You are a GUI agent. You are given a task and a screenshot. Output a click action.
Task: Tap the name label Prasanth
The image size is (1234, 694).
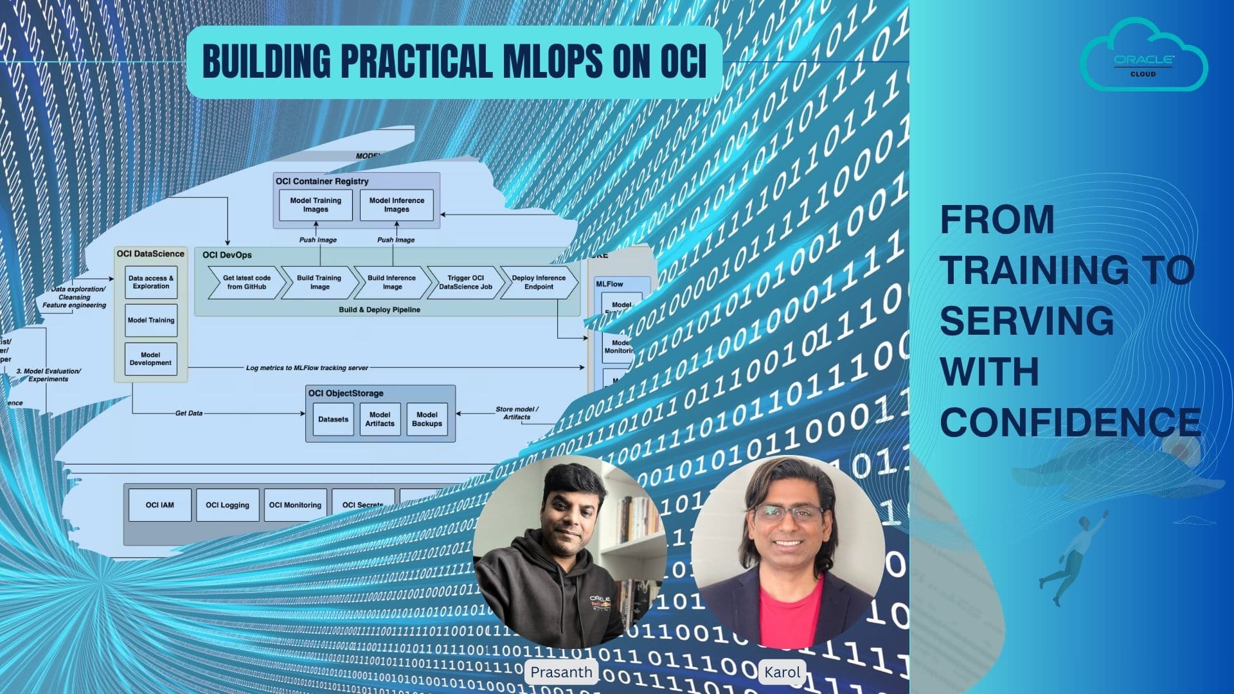click(x=561, y=672)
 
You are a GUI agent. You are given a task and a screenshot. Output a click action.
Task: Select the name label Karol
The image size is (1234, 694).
click(x=782, y=672)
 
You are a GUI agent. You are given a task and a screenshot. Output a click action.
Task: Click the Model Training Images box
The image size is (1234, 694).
click(x=316, y=205)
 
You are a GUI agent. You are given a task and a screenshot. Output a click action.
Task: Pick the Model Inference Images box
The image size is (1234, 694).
click(x=397, y=205)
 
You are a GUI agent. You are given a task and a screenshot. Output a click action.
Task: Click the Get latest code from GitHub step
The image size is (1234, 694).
click(x=246, y=283)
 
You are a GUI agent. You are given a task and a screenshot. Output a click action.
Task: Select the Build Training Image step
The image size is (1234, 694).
click(x=319, y=283)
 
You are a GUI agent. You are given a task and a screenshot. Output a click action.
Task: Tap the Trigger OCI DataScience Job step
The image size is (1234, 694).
click(x=465, y=283)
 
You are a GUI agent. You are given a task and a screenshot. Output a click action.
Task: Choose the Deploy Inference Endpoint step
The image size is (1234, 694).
click(x=539, y=283)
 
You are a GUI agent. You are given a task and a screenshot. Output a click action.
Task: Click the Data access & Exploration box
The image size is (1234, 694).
click(x=151, y=283)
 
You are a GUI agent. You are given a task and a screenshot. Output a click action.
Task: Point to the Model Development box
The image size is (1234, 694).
click(x=150, y=359)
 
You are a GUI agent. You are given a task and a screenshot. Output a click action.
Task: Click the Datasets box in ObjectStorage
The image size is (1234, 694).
click(x=333, y=420)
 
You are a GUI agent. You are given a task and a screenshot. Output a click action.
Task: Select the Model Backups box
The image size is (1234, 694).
click(x=427, y=420)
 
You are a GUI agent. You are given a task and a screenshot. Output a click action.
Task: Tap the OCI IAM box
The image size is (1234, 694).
click(x=160, y=505)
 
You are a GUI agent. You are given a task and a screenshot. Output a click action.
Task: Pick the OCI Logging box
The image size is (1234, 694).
click(x=228, y=505)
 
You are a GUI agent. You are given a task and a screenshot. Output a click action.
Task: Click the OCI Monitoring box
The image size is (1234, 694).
click(x=295, y=505)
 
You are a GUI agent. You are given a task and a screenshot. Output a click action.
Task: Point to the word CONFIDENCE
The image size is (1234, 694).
click(x=1070, y=422)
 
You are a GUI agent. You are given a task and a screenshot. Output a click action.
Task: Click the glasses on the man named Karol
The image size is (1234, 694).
click(x=789, y=513)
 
